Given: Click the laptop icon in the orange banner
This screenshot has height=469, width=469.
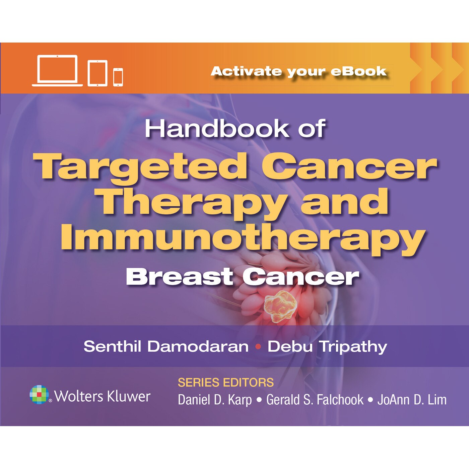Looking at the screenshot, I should coord(57,71).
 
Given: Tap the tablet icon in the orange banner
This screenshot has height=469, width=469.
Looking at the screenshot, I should coord(97,73).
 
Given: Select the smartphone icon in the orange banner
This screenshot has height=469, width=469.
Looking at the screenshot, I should coord(118,77).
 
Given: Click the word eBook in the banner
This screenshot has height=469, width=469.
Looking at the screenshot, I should coord(359,71).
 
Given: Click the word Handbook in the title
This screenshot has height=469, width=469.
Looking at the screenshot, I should coord(217,129).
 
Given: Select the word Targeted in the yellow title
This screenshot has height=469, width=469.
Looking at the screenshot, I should coord(141,166).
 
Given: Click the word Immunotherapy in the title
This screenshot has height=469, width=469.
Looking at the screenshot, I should coord(243,239).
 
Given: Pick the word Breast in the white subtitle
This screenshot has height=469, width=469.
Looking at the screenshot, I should coord(180,277).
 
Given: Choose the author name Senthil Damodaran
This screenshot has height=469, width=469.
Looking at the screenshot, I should coord(166,346).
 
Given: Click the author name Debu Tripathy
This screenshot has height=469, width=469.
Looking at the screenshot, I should coord(327,346).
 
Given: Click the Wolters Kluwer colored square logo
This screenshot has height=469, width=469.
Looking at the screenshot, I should coord(39,395).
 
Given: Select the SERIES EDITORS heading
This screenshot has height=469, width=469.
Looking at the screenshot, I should coord(225,383).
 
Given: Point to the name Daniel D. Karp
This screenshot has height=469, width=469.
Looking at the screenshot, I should coord(214,400).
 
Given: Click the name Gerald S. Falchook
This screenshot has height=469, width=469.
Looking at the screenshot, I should coord(315,400).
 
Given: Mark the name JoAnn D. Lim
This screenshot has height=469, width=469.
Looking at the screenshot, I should coord(412,400).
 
